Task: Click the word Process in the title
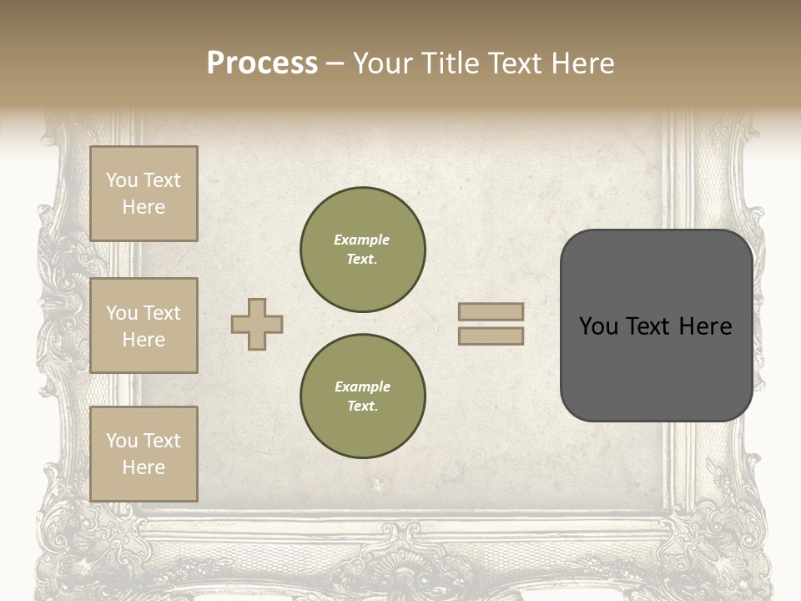click(x=262, y=63)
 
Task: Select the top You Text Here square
click(x=144, y=194)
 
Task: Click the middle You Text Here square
click(x=144, y=326)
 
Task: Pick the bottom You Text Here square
click(x=144, y=454)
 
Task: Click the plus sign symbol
click(x=257, y=324)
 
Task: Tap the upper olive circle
click(x=363, y=250)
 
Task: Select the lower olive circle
click(x=363, y=396)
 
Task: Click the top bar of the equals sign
click(x=491, y=311)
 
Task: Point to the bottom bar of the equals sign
click(x=491, y=336)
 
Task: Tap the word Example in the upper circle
click(x=361, y=240)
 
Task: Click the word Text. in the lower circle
click(x=362, y=407)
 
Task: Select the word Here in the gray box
click(x=706, y=326)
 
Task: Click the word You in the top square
click(x=122, y=180)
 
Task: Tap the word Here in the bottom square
click(x=144, y=467)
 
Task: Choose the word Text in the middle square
click(x=162, y=313)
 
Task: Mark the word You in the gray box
click(x=597, y=326)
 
